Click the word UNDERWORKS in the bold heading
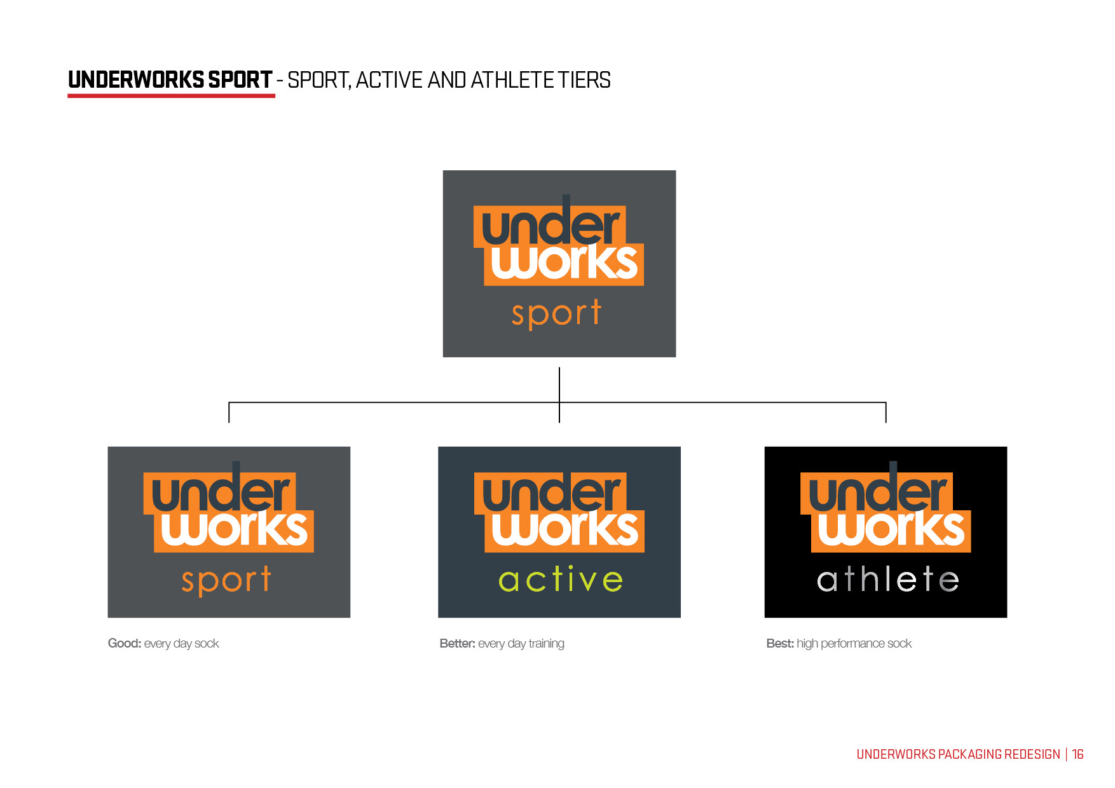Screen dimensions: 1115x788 tap(136, 80)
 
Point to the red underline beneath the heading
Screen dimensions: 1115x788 tap(171, 96)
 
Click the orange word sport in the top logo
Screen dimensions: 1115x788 tap(556, 314)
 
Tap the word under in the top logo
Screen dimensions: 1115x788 tap(550, 226)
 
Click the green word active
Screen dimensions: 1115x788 tap(560, 580)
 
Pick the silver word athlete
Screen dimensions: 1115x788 tap(887, 580)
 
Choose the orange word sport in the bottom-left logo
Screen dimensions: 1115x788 tap(226, 580)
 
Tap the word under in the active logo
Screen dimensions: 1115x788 tap(551, 492)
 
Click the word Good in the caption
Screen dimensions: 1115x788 tap(123, 644)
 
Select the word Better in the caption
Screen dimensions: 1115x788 tap(456, 644)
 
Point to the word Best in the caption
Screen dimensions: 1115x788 tap(779, 644)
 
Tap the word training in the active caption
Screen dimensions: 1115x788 tap(546, 644)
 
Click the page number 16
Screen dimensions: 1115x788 tap(1077, 754)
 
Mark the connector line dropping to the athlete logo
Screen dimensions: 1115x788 tap(886, 413)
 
